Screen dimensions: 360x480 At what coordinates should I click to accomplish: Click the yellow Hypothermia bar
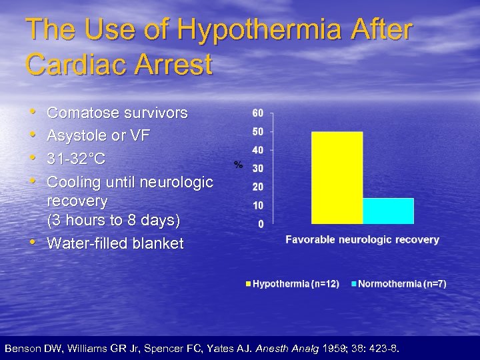pyautogui.click(x=337, y=177)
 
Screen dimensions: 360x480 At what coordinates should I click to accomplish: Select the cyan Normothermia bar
pyautogui.click(x=388, y=211)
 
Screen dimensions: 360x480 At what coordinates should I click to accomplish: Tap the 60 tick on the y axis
pyautogui.click(x=257, y=113)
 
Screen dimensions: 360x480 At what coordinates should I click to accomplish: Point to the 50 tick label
pyautogui.click(x=257, y=131)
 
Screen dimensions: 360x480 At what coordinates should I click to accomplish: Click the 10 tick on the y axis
pyautogui.click(x=257, y=205)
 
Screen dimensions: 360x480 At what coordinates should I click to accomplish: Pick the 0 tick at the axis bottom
pyautogui.click(x=260, y=223)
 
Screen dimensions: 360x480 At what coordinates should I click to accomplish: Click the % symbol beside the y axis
pyautogui.click(x=237, y=164)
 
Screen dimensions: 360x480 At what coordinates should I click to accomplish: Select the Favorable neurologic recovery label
pyautogui.click(x=362, y=239)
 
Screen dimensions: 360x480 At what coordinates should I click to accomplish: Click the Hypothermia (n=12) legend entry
pyautogui.click(x=293, y=284)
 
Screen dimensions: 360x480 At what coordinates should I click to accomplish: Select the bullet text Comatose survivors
pyautogui.click(x=117, y=113)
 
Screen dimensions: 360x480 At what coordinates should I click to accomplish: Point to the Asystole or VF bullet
pyautogui.click(x=99, y=136)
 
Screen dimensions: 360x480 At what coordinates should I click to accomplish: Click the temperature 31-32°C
pyautogui.click(x=76, y=159)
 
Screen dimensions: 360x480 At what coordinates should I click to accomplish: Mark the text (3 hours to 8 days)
pyautogui.click(x=113, y=220)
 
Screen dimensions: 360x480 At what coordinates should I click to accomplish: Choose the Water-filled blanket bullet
pyautogui.click(x=115, y=243)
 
